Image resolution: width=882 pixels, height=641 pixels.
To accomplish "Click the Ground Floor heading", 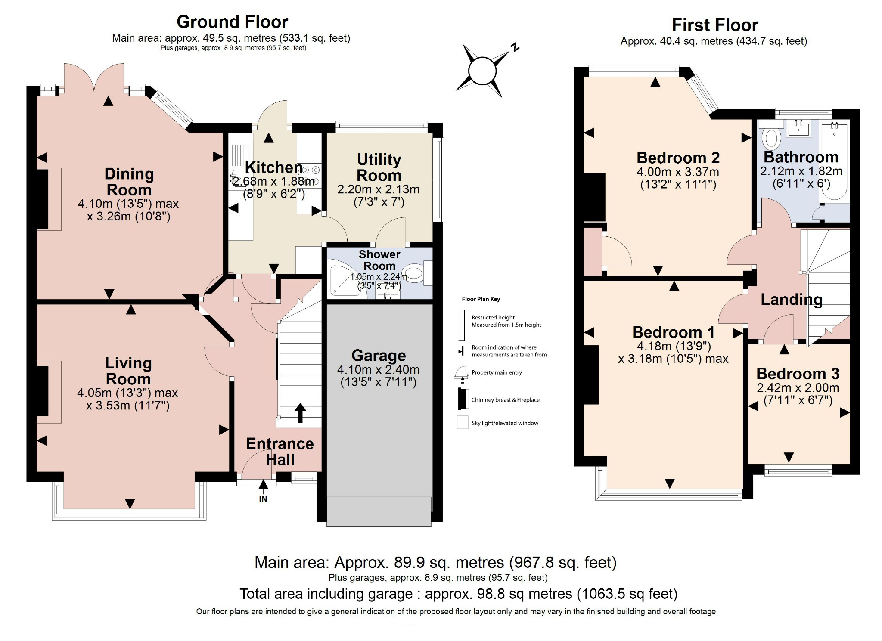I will click(x=232, y=22).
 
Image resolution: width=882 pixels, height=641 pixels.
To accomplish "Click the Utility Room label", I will click(x=379, y=167).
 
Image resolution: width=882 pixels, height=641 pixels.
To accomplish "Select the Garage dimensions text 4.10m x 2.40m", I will click(x=378, y=369).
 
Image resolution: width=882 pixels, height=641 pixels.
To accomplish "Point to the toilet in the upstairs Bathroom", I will click(x=771, y=137).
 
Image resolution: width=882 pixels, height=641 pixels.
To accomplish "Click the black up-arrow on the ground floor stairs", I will click(x=300, y=412).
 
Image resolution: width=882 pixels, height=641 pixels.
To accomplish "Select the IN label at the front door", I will click(x=263, y=499).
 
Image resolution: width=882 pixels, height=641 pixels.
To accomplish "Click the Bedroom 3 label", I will click(x=798, y=374).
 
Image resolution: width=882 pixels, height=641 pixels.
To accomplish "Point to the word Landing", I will click(x=791, y=300).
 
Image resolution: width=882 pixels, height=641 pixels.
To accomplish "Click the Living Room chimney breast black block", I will click(x=42, y=390).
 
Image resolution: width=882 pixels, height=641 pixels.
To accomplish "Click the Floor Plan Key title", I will click(x=481, y=299).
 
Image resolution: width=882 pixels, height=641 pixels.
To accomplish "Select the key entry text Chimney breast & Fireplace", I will click(x=505, y=400).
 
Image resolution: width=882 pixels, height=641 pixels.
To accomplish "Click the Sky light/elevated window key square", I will click(x=463, y=423).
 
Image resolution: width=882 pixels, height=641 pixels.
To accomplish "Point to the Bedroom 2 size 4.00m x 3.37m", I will click(x=677, y=172).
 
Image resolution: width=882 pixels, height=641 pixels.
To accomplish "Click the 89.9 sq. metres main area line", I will click(x=435, y=563).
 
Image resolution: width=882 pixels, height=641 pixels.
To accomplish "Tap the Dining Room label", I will click(x=129, y=182).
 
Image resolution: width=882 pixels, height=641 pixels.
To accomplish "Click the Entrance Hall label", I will click(x=280, y=452).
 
